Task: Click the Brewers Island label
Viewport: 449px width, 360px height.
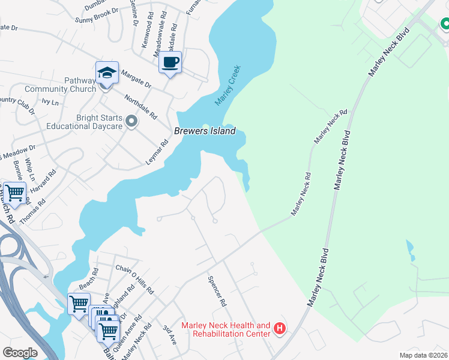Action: (205, 131)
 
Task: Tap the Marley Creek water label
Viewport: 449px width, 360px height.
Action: (228, 86)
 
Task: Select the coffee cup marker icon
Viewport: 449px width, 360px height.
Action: (170, 62)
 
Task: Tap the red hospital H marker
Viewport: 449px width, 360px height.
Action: (279, 328)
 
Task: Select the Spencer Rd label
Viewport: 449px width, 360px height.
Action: (216, 291)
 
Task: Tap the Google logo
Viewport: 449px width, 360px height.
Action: (20, 353)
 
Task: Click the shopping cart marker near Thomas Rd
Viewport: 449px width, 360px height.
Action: (14, 193)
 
